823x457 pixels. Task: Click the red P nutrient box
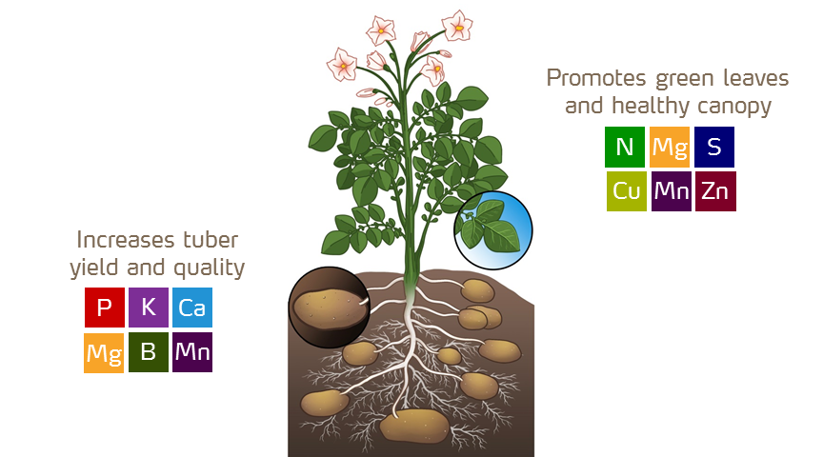click(104, 308)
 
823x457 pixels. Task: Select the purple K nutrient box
click(148, 308)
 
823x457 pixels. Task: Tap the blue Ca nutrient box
click(192, 308)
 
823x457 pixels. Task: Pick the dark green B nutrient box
click(148, 352)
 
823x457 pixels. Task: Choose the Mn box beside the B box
click(192, 352)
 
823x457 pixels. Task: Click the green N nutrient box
click(625, 147)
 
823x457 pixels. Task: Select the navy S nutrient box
click(714, 147)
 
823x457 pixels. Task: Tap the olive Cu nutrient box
click(626, 191)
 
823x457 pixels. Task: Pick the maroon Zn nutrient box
click(715, 191)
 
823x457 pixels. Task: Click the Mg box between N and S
click(670, 147)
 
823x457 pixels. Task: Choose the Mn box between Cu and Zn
click(671, 191)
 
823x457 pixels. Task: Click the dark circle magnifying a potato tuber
click(328, 306)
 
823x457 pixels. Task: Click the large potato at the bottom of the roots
click(414, 426)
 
